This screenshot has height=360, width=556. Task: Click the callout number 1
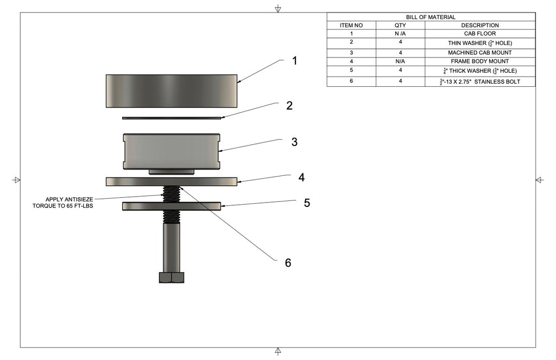[x=295, y=61]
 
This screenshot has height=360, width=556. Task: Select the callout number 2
[x=289, y=106]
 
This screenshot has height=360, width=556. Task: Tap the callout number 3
[x=294, y=142]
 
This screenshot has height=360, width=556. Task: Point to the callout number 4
[x=301, y=178]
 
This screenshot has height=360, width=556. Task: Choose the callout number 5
[x=307, y=203]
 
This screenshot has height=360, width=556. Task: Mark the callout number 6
[x=288, y=263]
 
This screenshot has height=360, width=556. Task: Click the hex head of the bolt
[x=172, y=277]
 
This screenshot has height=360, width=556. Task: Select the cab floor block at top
[x=172, y=91]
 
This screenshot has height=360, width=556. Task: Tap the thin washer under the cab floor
[x=172, y=117]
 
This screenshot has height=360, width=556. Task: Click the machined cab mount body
[x=172, y=150]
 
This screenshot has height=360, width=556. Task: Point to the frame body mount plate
[x=172, y=181]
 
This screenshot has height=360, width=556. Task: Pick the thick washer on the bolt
[x=172, y=206]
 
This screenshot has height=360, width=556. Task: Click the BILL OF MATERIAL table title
[x=431, y=17]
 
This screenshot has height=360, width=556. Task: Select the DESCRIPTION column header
[x=479, y=26]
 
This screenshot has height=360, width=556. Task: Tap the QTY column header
[x=400, y=26]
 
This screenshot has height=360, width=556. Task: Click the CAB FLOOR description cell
[x=479, y=34]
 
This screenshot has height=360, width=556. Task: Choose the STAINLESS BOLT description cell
[x=479, y=81]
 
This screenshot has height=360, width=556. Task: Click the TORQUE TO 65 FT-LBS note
[x=63, y=206]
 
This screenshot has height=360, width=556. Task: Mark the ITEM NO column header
[x=351, y=26]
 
